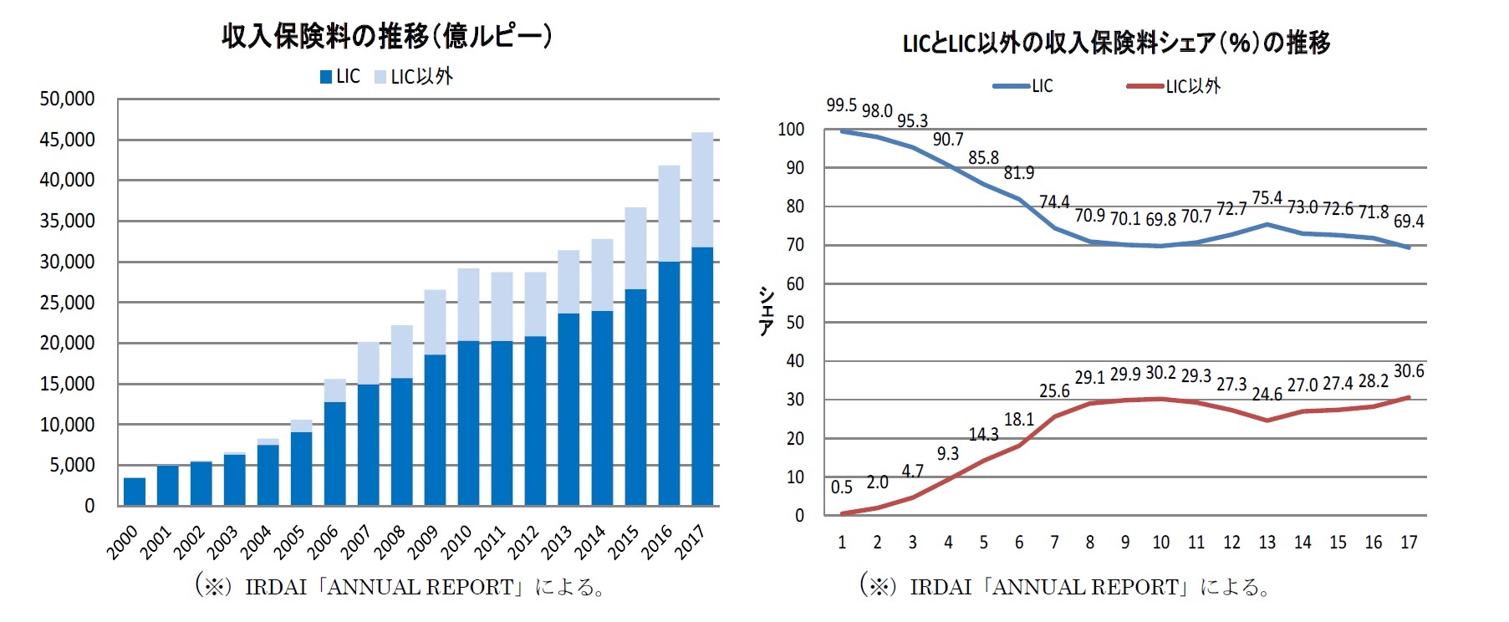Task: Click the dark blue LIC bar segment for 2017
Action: (702, 376)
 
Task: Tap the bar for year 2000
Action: (134, 492)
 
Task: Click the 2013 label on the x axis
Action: (556, 542)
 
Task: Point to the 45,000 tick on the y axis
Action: (67, 140)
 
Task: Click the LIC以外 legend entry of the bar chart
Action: (414, 77)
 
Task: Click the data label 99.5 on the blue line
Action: (841, 105)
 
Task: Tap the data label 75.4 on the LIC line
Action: (1267, 197)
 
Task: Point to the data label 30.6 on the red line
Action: (1409, 371)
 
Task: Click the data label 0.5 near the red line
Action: (841, 487)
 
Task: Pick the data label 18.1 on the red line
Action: (1018, 420)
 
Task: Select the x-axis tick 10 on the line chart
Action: (1160, 543)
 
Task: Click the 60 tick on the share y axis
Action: (794, 284)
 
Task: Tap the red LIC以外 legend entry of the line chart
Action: (1174, 86)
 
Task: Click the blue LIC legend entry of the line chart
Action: (1024, 86)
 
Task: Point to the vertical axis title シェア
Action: (766, 312)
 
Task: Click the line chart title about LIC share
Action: (1116, 42)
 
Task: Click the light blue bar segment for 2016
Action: (669, 213)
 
